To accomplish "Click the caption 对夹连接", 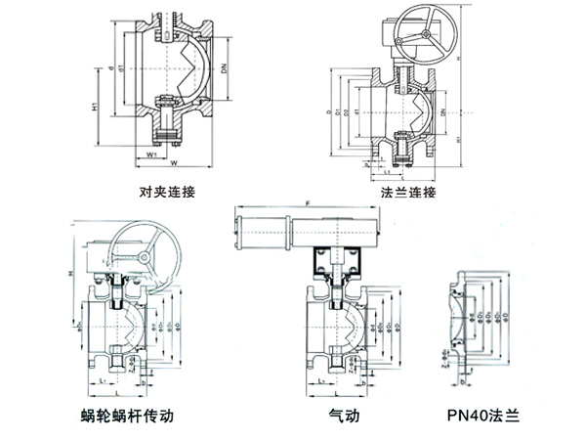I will [x=169, y=193].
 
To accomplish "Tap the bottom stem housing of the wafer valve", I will [x=166, y=122].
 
